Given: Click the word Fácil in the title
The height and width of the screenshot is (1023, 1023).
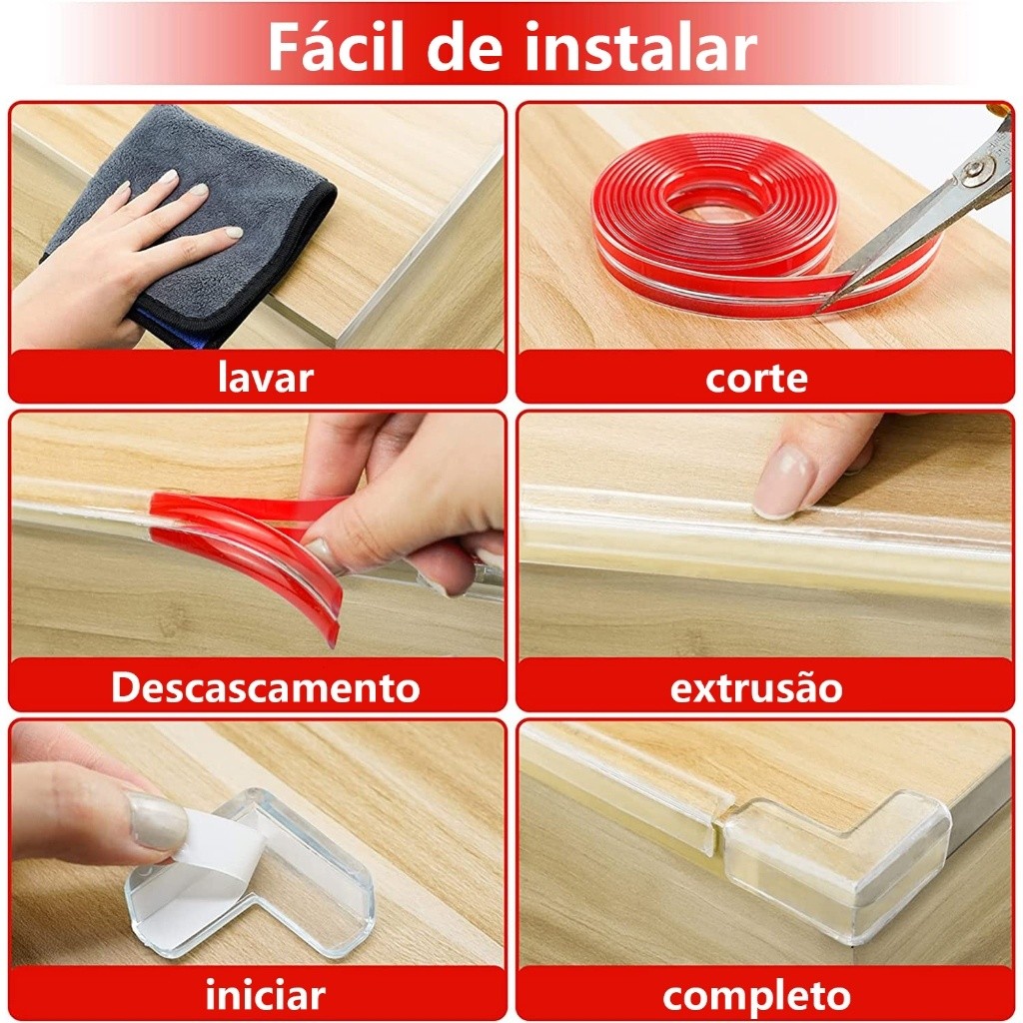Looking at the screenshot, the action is pos(337,46).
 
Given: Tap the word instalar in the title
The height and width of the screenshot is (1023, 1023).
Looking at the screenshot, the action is pos(640,46).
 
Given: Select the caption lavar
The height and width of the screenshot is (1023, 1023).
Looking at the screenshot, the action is pos(266,378).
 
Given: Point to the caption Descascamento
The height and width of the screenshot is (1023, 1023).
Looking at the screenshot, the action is pos(266,687).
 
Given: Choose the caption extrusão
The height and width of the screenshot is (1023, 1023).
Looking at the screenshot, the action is pos(756,687).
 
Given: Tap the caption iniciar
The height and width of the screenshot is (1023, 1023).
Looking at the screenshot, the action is pos(266,996).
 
